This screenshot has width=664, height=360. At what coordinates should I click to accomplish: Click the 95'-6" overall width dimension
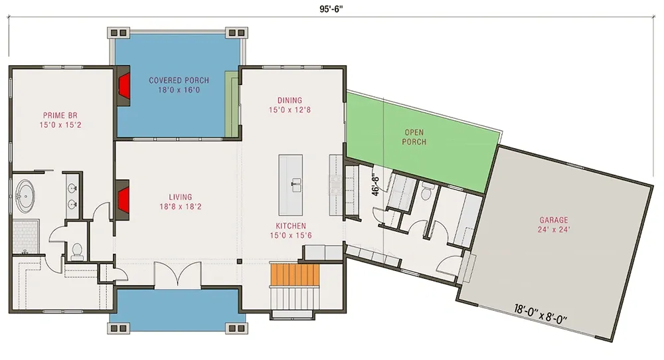pos(331,9)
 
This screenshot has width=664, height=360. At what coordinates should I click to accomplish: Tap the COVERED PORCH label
pos(179,80)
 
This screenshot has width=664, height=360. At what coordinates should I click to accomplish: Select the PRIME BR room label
pos(60,115)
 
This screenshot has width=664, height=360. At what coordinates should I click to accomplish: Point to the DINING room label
pos(290,100)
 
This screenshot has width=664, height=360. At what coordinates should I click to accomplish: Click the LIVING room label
pos(181,197)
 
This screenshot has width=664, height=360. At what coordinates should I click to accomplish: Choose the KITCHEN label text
pos(291,226)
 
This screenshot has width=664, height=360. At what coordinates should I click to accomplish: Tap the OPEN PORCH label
pos(414,137)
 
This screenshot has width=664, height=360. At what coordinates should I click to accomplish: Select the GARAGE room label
pos(554,220)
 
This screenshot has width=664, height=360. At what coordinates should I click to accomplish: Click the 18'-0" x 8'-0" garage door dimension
pos(540,314)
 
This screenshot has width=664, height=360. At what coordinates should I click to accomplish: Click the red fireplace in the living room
pos(123,199)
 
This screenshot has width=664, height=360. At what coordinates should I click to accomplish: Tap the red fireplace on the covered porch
pos(124,86)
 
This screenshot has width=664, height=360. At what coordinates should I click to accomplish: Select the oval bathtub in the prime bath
pos(25,196)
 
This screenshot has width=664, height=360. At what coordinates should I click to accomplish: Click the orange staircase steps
pos(295,275)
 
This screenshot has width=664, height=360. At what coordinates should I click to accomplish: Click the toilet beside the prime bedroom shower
pos(77,251)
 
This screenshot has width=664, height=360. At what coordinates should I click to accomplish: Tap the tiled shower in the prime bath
pos(26,236)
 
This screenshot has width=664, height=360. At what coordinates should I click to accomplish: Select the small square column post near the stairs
pos(239,261)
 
